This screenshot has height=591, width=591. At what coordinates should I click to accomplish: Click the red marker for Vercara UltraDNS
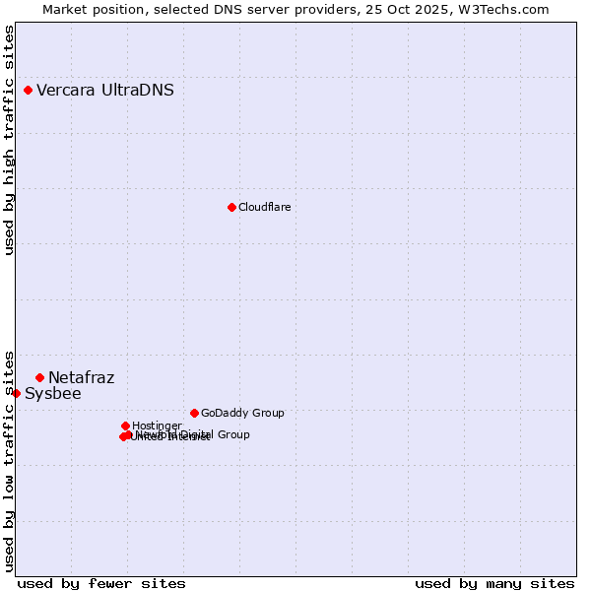point(29,91)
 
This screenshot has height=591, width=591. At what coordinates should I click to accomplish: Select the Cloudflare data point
point(231,207)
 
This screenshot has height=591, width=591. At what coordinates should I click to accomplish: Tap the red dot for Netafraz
point(40,377)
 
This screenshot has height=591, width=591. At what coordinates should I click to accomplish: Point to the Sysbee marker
point(16,393)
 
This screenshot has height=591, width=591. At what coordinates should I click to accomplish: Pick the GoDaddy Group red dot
point(194,413)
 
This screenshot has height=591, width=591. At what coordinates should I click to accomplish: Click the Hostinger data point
point(125,426)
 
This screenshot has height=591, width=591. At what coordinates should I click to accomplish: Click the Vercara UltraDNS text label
point(105,91)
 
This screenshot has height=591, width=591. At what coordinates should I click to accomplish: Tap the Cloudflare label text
point(264,207)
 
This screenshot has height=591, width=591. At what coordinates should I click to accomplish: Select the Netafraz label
point(81,377)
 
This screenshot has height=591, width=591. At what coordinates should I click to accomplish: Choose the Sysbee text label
point(52,394)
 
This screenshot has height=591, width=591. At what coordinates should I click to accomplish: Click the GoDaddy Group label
point(242,413)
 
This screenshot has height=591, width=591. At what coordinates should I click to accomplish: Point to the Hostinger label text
point(157,426)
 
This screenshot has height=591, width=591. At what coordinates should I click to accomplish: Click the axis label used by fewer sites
point(101,583)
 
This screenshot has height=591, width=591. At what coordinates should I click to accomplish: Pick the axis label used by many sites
point(494,583)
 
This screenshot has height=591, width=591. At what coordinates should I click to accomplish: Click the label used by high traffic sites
point(10,140)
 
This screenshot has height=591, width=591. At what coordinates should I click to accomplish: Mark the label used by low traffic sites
point(10,460)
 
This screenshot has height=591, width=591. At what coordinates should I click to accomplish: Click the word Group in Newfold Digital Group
point(232,434)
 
